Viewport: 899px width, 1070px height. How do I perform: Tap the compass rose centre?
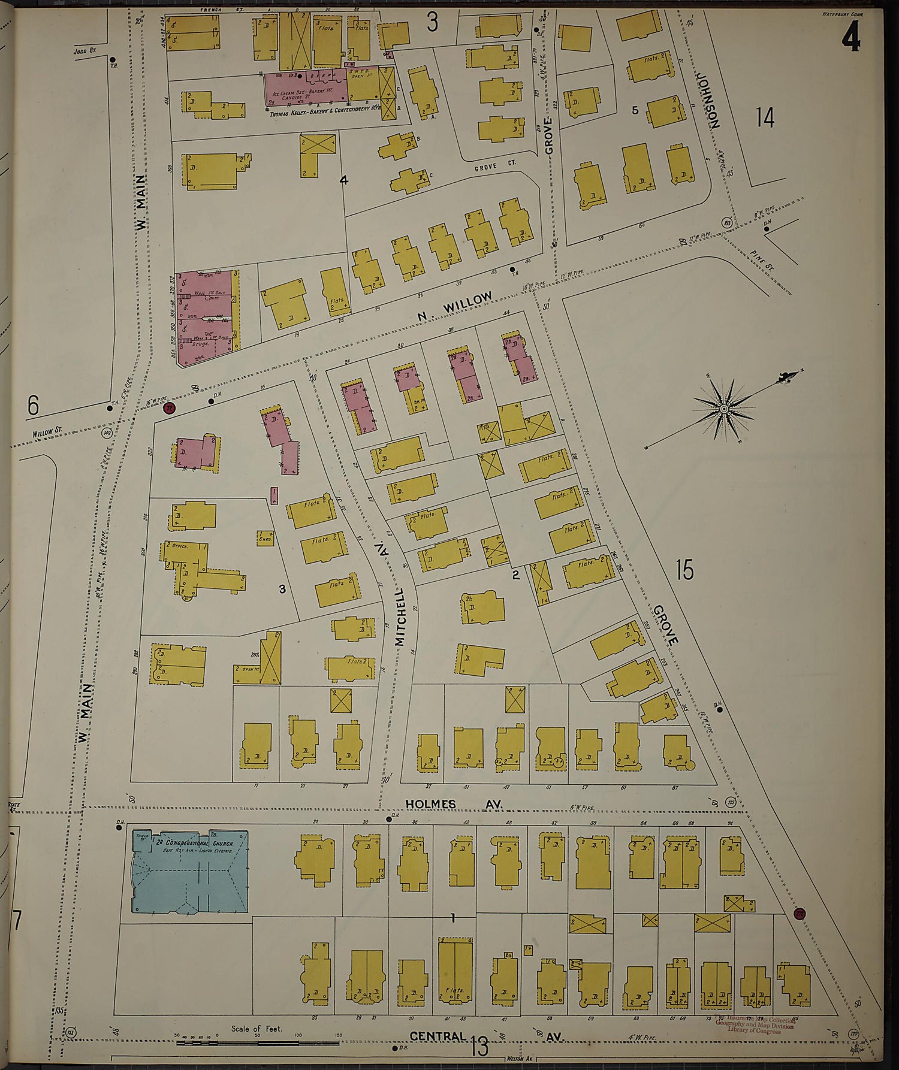click(724, 409)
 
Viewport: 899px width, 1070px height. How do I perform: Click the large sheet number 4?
click(850, 40)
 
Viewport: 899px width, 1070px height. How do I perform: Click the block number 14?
click(765, 117)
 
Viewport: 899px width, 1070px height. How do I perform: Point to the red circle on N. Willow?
click(169, 409)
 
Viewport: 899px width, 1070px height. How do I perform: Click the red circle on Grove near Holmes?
click(800, 914)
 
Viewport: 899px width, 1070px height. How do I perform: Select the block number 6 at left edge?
click(33, 406)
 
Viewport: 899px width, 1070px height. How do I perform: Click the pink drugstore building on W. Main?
click(205, 315)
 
